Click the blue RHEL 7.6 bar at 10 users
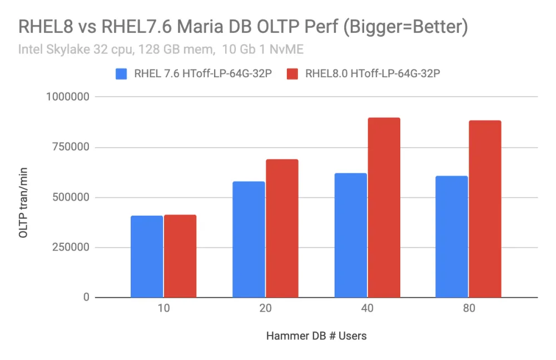click(147, 257)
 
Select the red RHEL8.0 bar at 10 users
click(180, 256)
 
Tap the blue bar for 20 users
click(249, 239)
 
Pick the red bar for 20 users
click(282, 228)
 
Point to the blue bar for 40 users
click(350, 236)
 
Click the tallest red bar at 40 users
click(384, 208)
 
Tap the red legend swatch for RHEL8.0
click(293, 74)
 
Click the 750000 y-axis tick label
click(68, 147)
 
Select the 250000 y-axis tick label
click(68, 248)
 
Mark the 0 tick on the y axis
click(87, 298)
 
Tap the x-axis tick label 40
click(367, 309)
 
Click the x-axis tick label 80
click(468, 309)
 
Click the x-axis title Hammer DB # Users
click(316, 336)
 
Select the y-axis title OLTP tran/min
click(23, 203)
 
